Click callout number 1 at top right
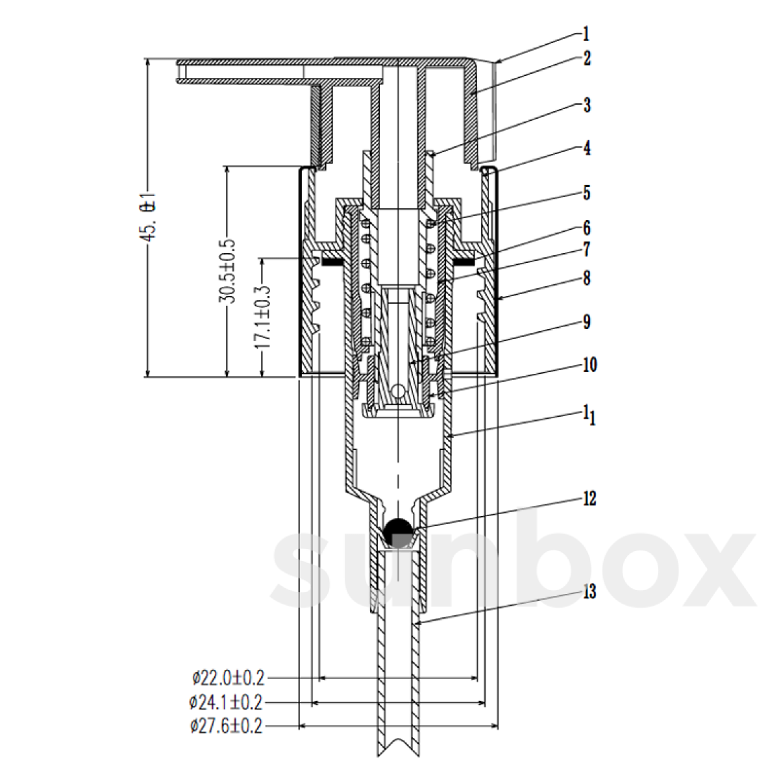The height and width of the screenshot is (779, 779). [586, 33]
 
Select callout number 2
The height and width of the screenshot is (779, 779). [587, 58]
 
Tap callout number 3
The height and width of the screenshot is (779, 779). [587, 105]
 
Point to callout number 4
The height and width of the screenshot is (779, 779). [587, 148]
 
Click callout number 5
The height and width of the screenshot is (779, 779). [587, 193]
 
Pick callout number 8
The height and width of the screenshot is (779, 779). [587, 278]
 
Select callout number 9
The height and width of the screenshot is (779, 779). [587, 323]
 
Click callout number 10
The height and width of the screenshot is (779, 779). [589, 365]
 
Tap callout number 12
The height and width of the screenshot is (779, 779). [589, 499]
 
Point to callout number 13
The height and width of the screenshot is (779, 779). [589, 592]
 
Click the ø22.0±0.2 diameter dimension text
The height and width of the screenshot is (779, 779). [229, 678]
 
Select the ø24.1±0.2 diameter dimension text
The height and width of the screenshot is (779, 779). [227, 702]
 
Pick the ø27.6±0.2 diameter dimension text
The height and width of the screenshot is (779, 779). [227, 726]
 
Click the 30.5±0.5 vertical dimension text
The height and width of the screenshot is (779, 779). [227, 271]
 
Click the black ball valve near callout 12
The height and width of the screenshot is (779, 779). [398, 532]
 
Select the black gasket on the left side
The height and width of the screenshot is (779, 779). [332, 262]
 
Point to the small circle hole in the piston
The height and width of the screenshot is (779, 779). [397, 391]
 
